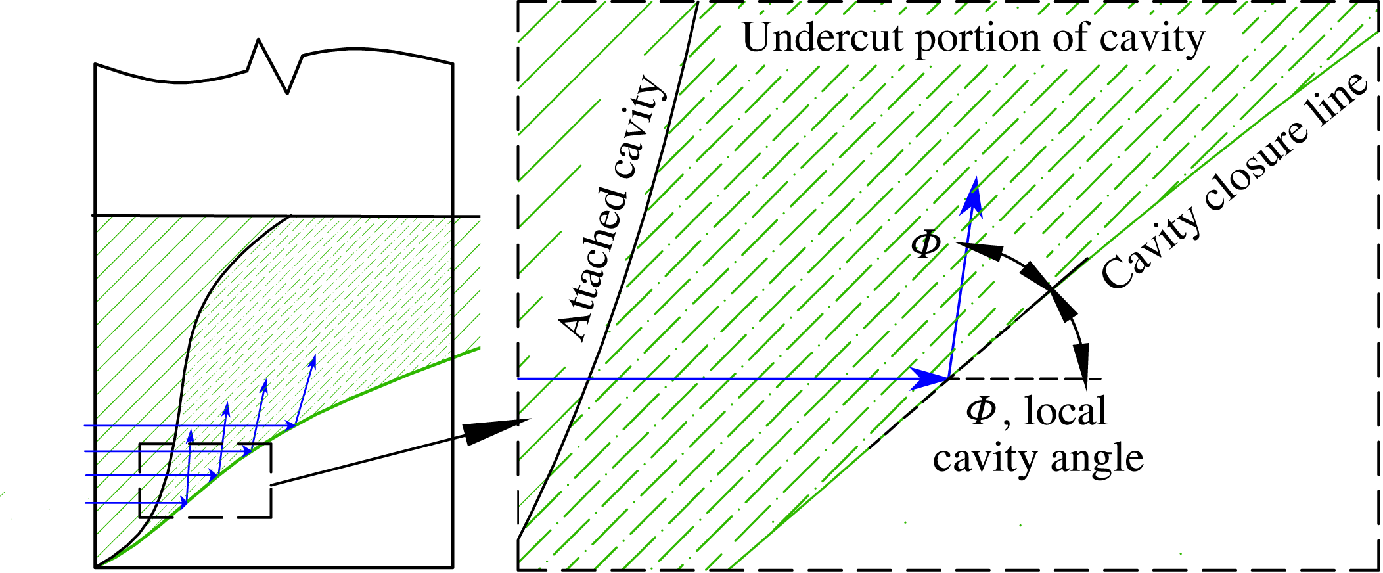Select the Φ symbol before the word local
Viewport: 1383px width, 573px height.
[x=980, y=412]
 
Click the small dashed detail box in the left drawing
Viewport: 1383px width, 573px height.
[x=205, y=480]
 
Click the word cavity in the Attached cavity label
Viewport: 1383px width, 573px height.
[x=637, y=128]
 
